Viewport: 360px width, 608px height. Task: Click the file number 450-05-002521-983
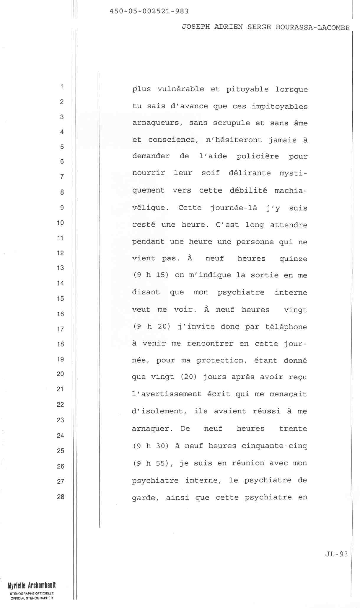point(149,12)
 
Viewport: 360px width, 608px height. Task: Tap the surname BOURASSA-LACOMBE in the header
point(312,27)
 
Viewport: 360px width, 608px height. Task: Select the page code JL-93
point(336,554)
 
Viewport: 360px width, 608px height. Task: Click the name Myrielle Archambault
point(32,585)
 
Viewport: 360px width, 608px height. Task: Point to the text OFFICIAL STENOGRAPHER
point(32,598)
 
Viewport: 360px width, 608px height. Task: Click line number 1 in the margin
point(62,86)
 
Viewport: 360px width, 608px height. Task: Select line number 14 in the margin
point(60,283)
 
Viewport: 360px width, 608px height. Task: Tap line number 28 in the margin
point(60,497)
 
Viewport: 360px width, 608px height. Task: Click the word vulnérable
point(181,89)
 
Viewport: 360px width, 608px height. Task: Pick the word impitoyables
point(280,106)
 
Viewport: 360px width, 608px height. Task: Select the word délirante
point(250,173)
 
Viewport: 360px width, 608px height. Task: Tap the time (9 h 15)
point(151,275)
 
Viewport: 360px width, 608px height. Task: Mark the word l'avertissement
point(167,394)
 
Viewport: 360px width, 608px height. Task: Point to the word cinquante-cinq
point(274,446)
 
